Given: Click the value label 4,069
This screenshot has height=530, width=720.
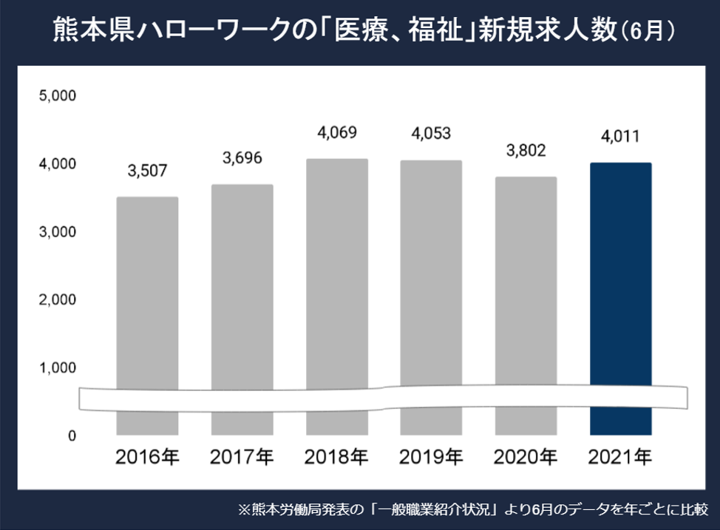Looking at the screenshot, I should point(337,133).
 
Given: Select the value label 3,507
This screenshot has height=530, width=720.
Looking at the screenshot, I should point(147,171).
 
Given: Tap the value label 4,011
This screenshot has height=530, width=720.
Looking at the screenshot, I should point(620,137).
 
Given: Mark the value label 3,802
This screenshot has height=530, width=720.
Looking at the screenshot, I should point(526,151).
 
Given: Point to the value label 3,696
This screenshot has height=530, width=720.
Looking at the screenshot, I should point(242,158).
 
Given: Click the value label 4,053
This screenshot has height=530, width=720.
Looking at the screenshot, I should point(431,134).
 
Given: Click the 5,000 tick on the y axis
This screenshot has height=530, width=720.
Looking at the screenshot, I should point(56,95).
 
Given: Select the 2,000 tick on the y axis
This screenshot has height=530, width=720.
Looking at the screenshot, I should point(56,299).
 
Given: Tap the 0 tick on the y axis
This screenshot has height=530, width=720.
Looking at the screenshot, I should point(72,435).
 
